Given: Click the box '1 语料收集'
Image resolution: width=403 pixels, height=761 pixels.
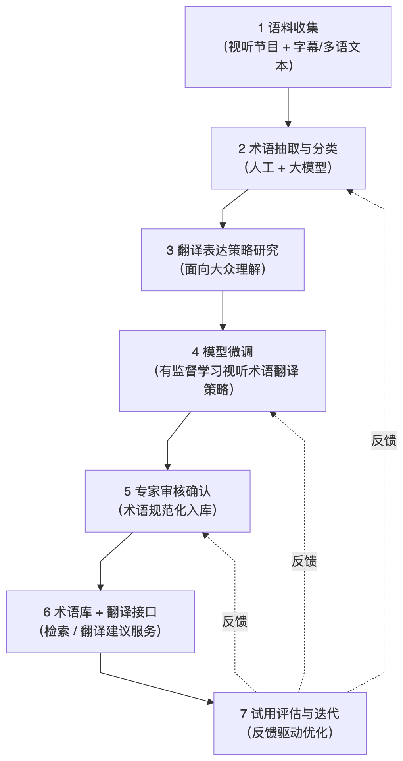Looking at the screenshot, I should coord(288,47).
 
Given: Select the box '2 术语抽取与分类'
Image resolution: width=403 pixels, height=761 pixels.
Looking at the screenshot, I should coord(288,158).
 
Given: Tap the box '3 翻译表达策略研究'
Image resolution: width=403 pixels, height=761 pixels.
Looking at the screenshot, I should coord(223,260).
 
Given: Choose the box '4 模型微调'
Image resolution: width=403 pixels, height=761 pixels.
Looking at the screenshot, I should coord(223,371).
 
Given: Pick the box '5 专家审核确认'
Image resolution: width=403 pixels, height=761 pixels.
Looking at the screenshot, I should coord(167,501).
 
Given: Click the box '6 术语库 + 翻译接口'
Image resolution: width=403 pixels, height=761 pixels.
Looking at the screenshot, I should coord(100,622).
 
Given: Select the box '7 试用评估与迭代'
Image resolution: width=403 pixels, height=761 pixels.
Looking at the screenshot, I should coord(290,723).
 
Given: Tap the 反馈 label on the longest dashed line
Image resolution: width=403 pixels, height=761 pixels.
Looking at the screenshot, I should coord(384,440).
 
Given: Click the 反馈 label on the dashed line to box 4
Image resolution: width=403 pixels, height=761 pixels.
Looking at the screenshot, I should coord(304,561).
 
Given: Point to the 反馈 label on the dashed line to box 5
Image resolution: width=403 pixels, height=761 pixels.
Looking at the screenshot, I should coord(234,622).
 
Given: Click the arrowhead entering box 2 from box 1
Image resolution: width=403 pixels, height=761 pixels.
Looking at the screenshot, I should coord(288,124).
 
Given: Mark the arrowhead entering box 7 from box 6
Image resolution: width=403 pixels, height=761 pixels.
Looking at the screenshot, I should coord(210,702).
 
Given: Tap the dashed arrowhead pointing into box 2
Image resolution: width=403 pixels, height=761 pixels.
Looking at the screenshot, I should coord(350,191).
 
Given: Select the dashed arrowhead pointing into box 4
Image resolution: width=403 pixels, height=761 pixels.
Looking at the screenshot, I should coord(273,414).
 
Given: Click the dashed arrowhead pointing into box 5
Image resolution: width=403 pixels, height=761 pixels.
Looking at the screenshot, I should coord(205,535).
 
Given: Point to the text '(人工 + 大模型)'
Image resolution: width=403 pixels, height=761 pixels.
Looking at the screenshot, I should coord(288,168).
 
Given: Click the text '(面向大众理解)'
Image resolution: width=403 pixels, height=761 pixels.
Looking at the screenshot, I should coord(223,269).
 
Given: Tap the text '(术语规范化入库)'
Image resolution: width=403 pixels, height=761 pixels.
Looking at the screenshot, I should coord(167,510).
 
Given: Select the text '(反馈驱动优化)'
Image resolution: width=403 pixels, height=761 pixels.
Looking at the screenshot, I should coord(290,733).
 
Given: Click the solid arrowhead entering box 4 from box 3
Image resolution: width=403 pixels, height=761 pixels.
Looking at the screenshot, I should coord(223,327).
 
